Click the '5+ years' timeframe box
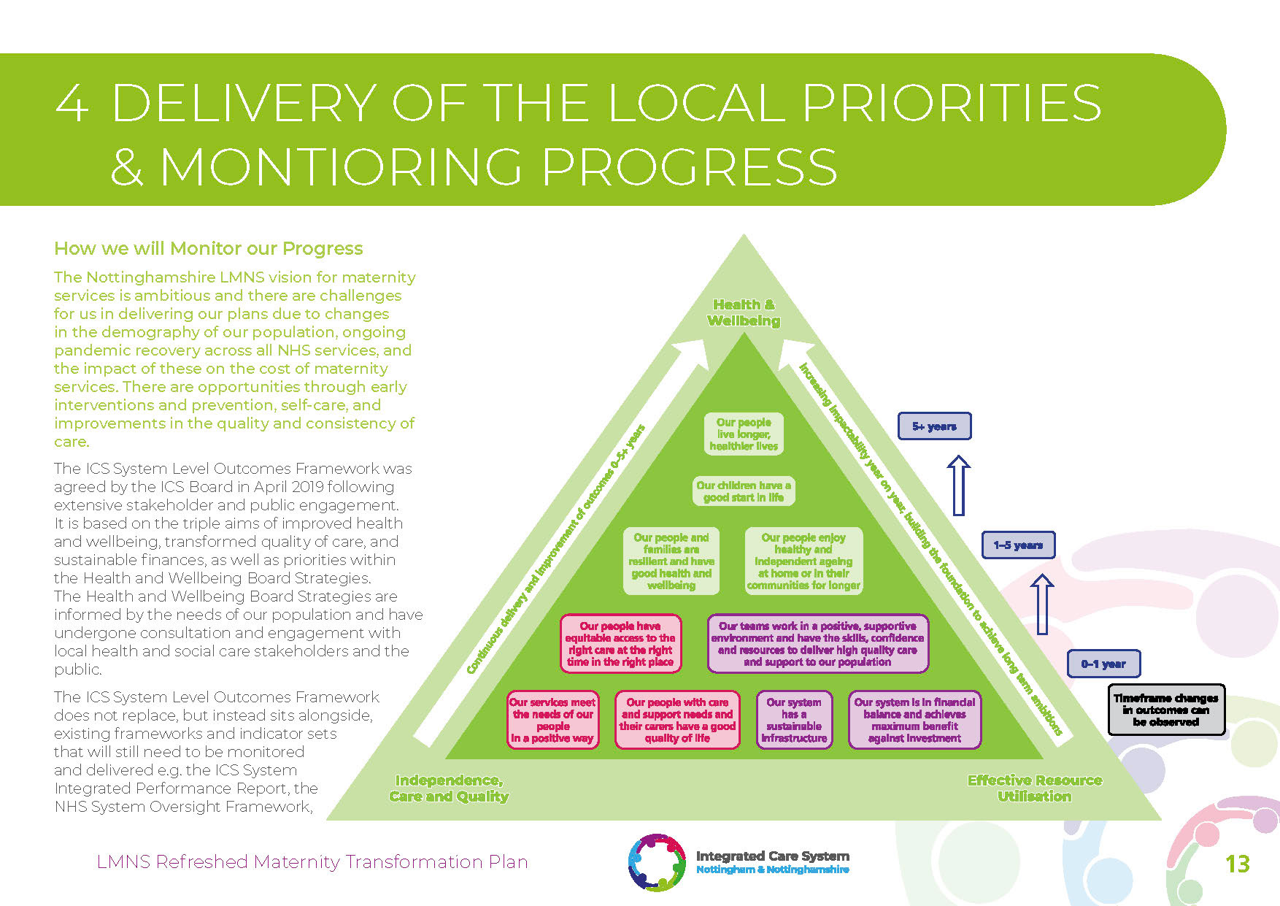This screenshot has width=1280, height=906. coord(934,426)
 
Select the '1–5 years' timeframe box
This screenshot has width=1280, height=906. coord(1018,545)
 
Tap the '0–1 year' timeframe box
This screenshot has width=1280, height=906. coord(1103,664)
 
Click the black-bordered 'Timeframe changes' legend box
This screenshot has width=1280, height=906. coord(1165,710)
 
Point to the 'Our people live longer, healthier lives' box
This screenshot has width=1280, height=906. coord(744,434)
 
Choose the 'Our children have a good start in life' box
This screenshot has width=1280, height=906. coord(744,491)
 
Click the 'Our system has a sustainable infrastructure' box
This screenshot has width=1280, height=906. coord(794,720)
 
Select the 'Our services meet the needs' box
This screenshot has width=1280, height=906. coord(553,720)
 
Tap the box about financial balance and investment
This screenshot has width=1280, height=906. coord(914,720)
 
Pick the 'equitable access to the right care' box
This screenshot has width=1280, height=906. coord(620,644)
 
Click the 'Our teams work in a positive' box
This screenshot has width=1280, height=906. coord(817,644)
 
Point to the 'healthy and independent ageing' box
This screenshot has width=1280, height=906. coord(803,561)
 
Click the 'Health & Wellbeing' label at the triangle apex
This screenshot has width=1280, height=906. coord(744,312)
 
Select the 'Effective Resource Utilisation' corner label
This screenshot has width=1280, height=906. coord(1034,788)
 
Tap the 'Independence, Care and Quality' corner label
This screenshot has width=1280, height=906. coord(449,788)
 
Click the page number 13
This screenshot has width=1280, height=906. coord(1238,864)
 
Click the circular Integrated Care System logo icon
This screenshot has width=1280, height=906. coord(657,862)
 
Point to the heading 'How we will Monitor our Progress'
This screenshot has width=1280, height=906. coord(208,249)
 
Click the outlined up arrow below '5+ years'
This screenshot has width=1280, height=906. coord(958,485)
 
